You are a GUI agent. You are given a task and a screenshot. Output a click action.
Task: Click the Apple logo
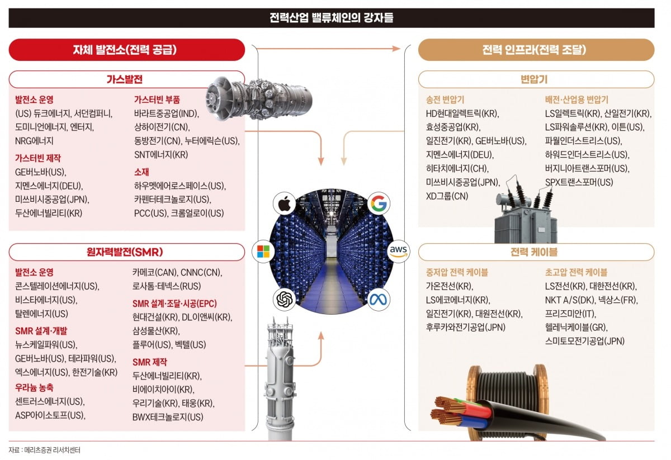pos(285,203)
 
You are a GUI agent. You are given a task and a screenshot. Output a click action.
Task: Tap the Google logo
pos(379,203)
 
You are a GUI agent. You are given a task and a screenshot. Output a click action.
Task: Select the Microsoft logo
pos(262,250)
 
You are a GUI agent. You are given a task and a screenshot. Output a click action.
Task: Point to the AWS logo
pos(400,250)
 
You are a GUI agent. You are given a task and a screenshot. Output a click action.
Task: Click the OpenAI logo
pos(285,299)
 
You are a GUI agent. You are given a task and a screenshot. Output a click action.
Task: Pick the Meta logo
pos(379,299)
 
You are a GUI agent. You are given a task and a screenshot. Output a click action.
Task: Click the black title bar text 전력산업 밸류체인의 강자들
pos(331,18)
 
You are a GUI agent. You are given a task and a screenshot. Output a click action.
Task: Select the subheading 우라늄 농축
pos(35,387)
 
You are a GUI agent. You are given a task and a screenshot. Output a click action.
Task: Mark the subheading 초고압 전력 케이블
pos(576,273)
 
